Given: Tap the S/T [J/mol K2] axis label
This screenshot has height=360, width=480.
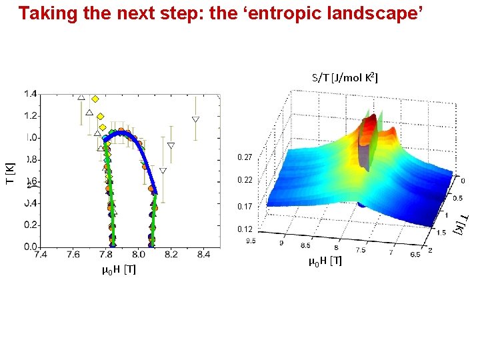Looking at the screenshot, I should coord(345,78).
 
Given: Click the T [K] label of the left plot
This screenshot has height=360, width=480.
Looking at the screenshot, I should coord(11,174).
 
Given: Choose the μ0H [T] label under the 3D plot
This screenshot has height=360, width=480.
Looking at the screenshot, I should coord(325,261).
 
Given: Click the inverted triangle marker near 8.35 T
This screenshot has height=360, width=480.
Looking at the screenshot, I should coord(195,120).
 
